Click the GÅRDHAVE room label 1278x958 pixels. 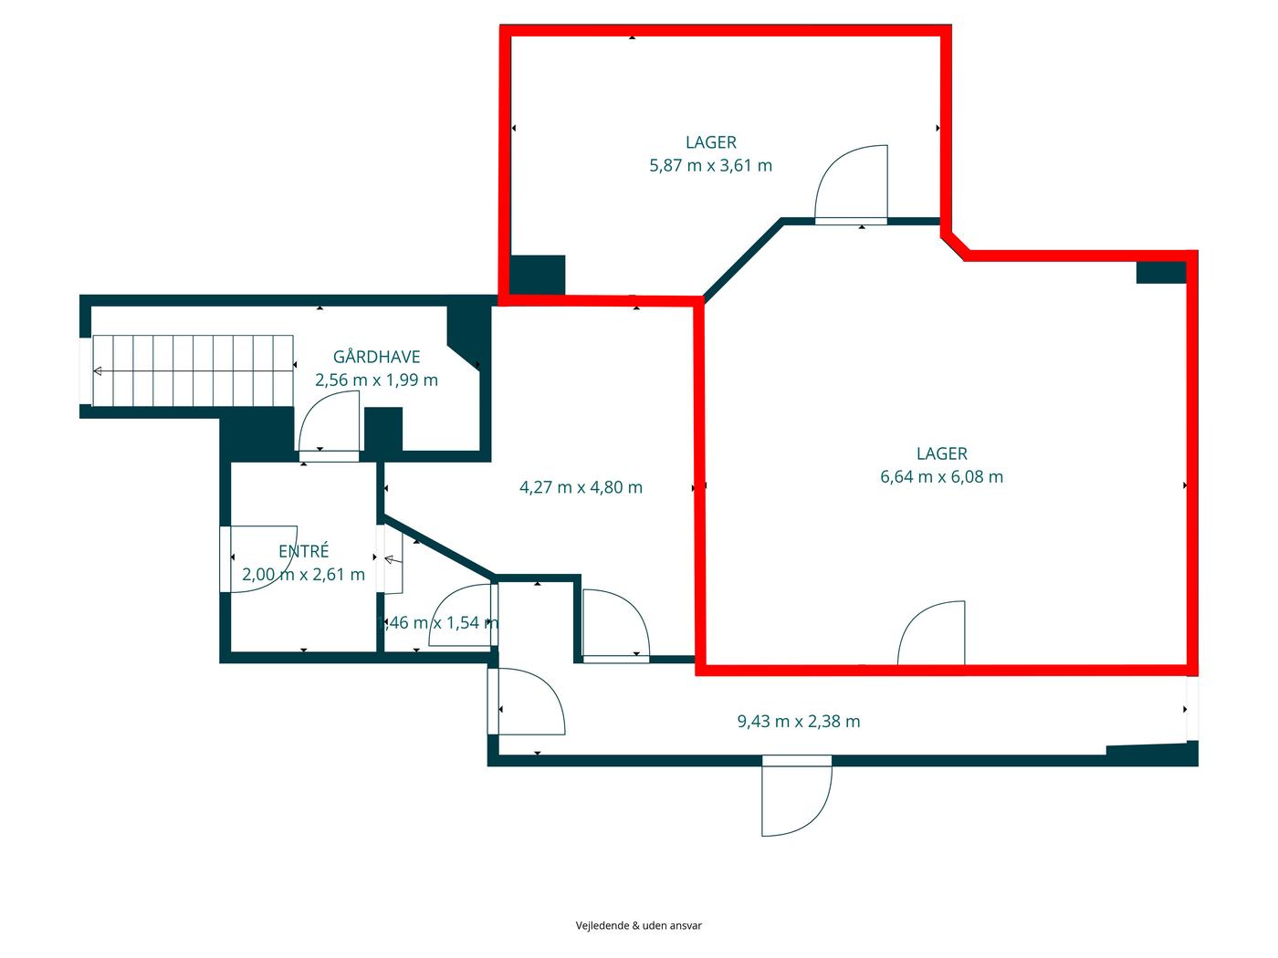coord(376,356)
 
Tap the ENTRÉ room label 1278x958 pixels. coord(303,550)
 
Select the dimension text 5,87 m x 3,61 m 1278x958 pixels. coord(710,166)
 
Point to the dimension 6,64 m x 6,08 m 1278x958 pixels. coord(941,477)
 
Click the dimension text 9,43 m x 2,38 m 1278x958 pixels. coord(798,722)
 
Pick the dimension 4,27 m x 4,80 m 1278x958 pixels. coord(581,487)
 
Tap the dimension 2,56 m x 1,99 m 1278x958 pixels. coord(376,380)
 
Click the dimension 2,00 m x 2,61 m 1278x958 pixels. coord(303,575)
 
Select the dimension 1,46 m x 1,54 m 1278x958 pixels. coord(438,622)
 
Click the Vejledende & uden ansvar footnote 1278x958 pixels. coord(639,925)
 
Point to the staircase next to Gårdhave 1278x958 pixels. coord(192,370)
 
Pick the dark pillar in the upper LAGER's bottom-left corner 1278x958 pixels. coord(537,276)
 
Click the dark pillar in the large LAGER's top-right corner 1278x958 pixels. coord(1161,273)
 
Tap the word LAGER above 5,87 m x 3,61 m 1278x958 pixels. coord(710,142)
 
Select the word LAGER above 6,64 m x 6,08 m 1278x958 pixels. coord(941,453)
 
